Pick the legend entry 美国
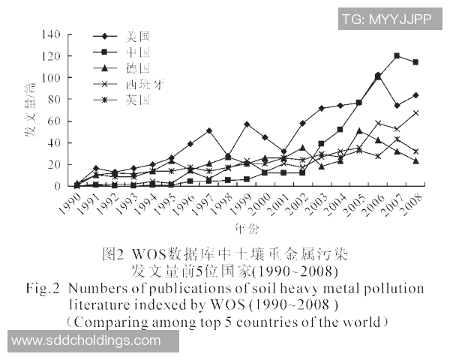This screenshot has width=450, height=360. pos(139,35)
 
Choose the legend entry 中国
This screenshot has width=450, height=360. pos(139,51)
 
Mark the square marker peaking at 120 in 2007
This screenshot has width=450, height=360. pos(397,56)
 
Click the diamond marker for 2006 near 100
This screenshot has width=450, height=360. pos(377,75)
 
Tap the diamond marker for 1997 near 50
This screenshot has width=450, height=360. pos(208,130)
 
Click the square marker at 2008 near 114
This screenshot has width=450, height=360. pos(415,62)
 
